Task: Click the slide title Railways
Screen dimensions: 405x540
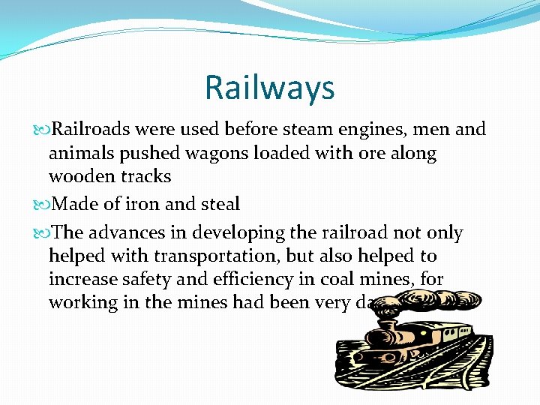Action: point(269,88)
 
